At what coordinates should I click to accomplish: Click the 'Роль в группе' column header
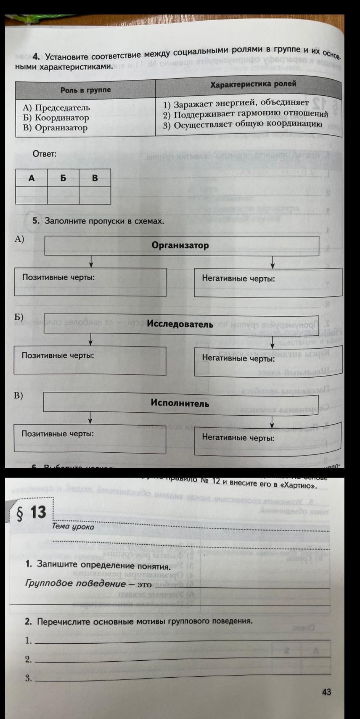(x=85, y=90)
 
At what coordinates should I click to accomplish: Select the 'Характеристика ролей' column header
(x=253, y=84)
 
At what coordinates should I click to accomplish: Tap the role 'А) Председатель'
(x=56, y=108)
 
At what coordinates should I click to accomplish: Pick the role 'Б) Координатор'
(x=56, y=118)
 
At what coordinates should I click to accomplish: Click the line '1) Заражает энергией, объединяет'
(x=236, y=104)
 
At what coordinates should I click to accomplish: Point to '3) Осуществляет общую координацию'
(x=242, y=124)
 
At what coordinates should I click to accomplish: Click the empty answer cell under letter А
(x=32, y=195)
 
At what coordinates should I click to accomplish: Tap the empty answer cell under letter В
(x=95, y=195)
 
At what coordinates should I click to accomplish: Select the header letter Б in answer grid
(x=63, y=178)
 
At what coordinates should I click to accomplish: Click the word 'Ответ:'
(x=45, y=154)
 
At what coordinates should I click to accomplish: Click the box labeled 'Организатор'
(x=181, y=245)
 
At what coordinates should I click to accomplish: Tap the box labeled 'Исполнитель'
(x=180, y=403)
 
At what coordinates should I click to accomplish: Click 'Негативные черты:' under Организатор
(x=238, y=279)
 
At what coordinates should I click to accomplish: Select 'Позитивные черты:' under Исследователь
(x=58, y=355)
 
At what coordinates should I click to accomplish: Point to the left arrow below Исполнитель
(x=91, y=419)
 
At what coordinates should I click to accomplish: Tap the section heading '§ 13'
(x=32, y=512)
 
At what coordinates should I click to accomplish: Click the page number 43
(x=326, y=692)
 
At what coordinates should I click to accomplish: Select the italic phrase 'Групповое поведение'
(x=75, y=583)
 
